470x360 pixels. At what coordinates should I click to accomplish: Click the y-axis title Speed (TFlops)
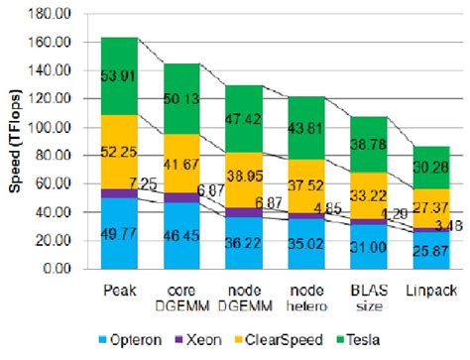click(15, 141)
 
